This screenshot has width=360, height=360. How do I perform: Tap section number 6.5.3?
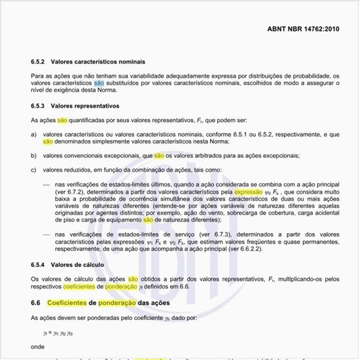click(x=38, y=105)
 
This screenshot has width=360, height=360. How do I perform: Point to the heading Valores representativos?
click(x=86, y=105)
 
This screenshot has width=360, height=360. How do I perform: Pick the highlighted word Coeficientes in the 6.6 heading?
click(x=70, y=303)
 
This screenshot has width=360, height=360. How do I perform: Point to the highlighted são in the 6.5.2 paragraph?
click(x=99, y=83)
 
